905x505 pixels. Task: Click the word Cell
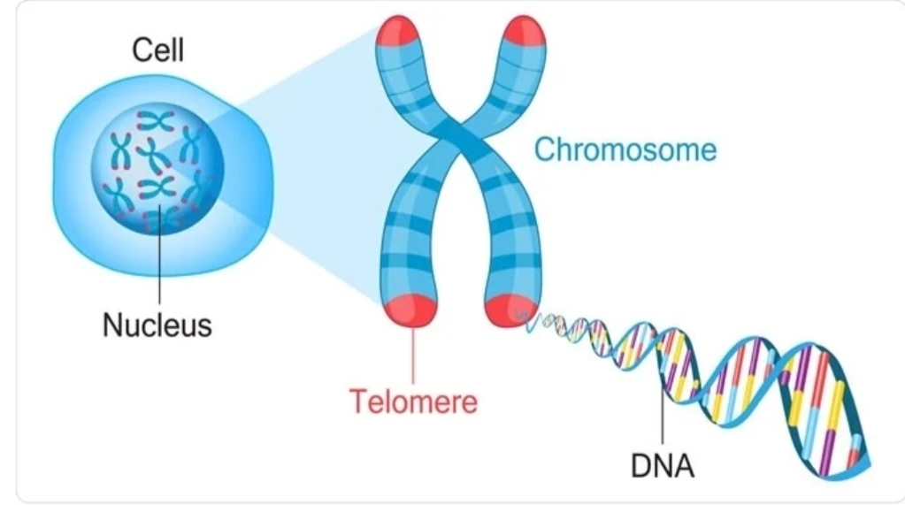tap(158, 50)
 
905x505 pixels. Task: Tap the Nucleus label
tap(157, 325)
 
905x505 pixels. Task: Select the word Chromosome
tap(625, 149)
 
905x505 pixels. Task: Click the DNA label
tap(663, 465)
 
